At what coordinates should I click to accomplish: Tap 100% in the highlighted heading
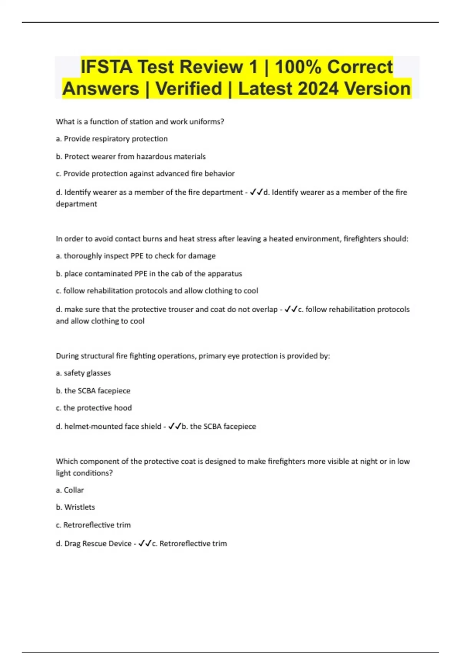298,67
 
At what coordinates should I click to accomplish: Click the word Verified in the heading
189,89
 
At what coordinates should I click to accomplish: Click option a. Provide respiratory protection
111,139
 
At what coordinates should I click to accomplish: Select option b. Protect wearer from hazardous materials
131,156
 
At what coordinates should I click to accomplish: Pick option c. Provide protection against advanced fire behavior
145,174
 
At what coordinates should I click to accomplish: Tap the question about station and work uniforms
140,121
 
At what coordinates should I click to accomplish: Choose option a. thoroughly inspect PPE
136,256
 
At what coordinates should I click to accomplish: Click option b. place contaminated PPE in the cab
149,273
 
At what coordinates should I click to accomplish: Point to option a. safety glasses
83,373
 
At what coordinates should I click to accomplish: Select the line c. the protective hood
93,408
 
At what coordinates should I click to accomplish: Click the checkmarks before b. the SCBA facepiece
174,426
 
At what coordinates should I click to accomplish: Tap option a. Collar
70,490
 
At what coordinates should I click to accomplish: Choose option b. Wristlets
75,507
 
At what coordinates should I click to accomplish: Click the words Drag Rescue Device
98,544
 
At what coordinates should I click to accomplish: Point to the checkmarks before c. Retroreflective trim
145,543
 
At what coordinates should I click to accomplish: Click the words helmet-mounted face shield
113,426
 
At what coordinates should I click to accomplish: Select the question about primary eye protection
193,356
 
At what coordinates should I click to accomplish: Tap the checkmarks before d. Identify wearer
256,192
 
